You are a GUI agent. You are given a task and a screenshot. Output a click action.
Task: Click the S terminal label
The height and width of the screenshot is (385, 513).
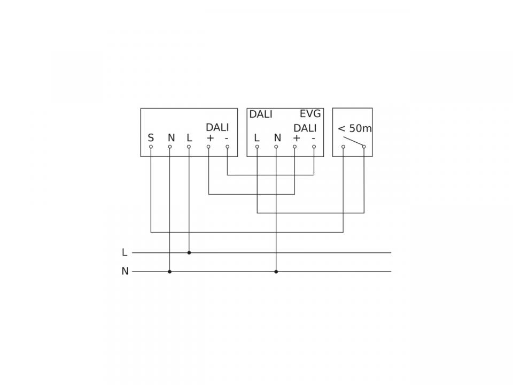point(151,138)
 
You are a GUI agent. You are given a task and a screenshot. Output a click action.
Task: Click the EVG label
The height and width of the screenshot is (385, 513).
point(310,114)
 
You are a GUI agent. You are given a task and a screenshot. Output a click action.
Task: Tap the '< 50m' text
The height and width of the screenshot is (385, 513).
point(355,128)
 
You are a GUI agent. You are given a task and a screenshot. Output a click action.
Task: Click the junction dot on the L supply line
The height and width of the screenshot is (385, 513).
point(189,253)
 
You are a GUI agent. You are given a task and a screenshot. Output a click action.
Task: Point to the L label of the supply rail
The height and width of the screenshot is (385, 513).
point(125,252)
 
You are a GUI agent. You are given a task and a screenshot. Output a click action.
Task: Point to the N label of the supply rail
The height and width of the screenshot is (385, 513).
point(125,272)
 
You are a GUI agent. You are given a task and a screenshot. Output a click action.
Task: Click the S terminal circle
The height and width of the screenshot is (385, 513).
point(151,147)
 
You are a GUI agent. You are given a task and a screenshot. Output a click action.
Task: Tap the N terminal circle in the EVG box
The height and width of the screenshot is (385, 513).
point(276,147)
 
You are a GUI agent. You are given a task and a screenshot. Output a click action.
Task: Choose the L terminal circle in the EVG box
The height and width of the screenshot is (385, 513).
point(257,147)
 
